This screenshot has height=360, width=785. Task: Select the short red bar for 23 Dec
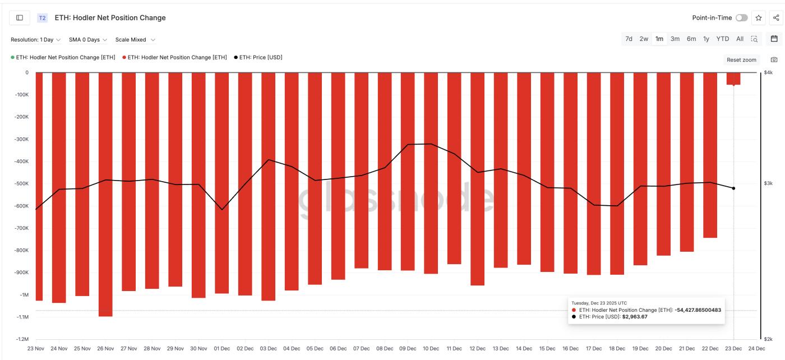[733, 79]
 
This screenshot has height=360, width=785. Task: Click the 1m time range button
[659, 39]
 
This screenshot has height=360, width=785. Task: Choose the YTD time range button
[722, 39]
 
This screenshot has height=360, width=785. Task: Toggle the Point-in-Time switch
[741, 18]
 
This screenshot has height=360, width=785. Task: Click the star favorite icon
[759, 18]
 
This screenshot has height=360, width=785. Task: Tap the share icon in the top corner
[776, 18]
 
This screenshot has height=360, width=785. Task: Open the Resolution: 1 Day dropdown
[36, 40]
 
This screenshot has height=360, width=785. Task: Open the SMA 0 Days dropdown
[88, 40]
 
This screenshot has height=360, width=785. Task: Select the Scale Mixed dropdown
[135, 40]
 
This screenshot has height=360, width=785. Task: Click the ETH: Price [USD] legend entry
[258, 57]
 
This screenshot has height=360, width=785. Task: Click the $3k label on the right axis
[768, 183]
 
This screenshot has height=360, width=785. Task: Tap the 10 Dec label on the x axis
[431, 348]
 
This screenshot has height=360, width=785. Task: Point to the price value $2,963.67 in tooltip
[635, 317]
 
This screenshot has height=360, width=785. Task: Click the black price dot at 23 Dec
[733, 188]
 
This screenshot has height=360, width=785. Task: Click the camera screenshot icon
[774, 59]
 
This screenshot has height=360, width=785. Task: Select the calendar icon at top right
[774, 39]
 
